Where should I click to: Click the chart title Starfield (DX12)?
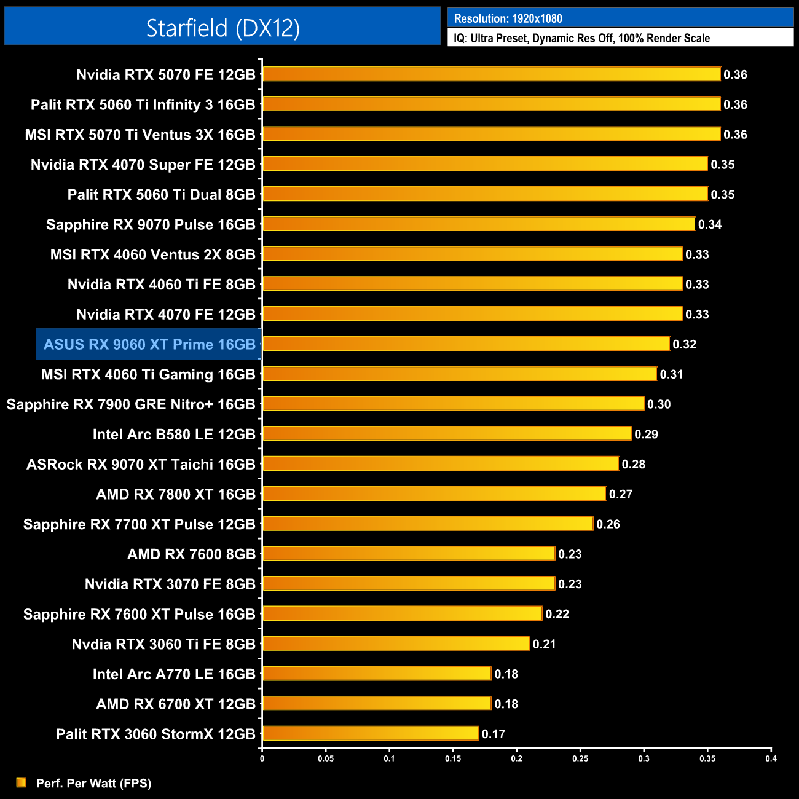[222, 28]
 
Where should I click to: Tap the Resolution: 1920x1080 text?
[508, 18]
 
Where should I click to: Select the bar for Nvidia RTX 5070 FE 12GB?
[491, 74]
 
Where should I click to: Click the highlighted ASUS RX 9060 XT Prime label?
[149, 344]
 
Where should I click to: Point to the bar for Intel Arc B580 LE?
[447, 434]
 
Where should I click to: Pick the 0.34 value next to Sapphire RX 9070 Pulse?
[709, 224]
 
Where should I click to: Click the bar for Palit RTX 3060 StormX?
[371, 733]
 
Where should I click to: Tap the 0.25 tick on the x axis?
[580, 758]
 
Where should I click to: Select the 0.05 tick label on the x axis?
[326, 758]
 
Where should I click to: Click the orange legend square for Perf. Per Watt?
[22, 782]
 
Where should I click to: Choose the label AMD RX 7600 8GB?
[191, 554]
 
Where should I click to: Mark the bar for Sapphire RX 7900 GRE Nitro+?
[453, 404]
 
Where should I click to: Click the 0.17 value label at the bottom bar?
[494, 734]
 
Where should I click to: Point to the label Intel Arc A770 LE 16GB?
[174, 674]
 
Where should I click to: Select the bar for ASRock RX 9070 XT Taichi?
[440, 463]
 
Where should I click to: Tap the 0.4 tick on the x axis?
[771, 758]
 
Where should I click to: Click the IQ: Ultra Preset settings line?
[581, 38]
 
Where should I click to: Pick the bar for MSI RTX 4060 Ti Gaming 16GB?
[459, 374]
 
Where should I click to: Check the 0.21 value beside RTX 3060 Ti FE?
[544, 644]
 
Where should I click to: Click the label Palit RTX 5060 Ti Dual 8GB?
[161, 195]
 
